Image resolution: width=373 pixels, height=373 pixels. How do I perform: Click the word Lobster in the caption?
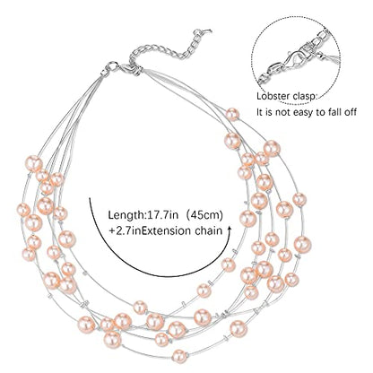point(273,97)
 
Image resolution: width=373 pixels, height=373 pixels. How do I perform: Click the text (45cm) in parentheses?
point(204,216)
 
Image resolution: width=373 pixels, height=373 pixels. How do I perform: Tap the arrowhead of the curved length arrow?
point(230,229)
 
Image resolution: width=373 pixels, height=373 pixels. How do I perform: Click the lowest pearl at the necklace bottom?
point(179,356)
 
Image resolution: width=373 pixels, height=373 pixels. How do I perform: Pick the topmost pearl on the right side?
point(232,115)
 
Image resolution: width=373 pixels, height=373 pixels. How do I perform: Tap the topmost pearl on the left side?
point(34,163)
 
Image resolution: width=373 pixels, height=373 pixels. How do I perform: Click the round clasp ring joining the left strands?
point(112,66)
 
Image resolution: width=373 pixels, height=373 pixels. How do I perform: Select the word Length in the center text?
point(126,216)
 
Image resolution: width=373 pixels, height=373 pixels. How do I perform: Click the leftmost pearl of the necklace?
point(22,210)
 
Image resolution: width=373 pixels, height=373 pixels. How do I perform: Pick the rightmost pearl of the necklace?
point(303,244)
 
